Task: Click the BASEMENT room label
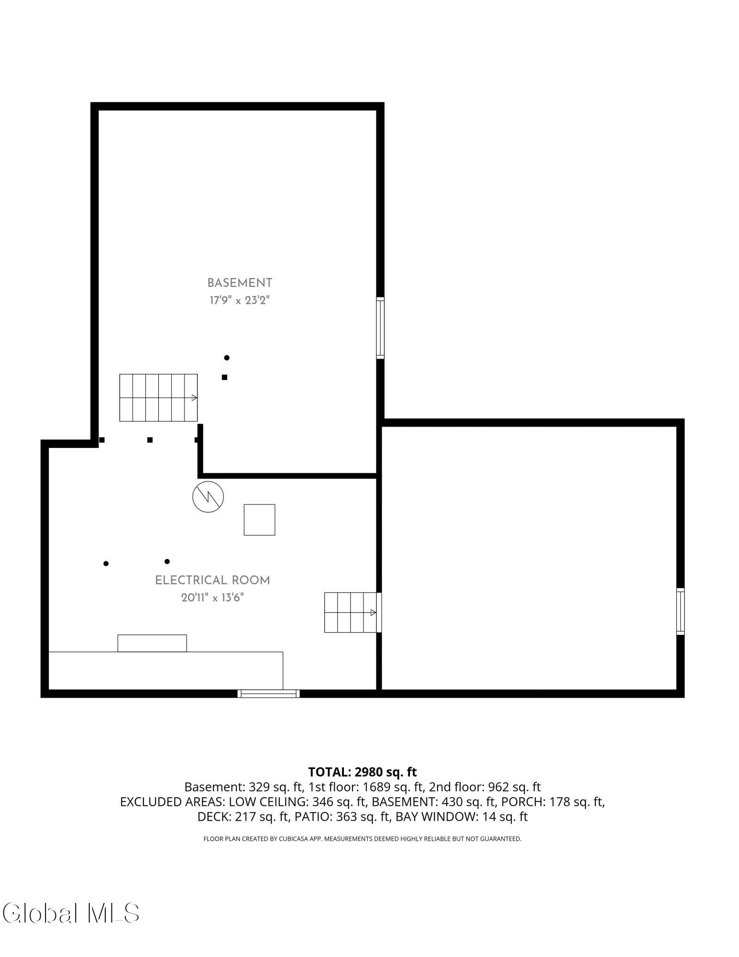(x=240, y=283)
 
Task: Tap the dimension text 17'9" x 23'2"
(x=240, y=300)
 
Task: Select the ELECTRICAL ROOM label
(x=212, y=580)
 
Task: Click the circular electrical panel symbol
(x=208, y=496)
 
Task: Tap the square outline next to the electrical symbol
(x=259, y=520)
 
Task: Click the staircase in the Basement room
(x=158, y=398)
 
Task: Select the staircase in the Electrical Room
(x=351, y=612)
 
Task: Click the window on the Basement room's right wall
(x=380, y=328)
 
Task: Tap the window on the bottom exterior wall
(x=269, y=693)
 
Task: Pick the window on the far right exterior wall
(x=680, y=612)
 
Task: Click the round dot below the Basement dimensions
(x=227, y=357)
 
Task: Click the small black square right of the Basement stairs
(x=224, y=377)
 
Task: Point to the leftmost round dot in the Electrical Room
(x=106, y=563)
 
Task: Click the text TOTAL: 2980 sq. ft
(x=363, y=772)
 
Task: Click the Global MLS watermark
(x=70, y=913)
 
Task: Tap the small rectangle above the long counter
(x=152, y=643)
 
